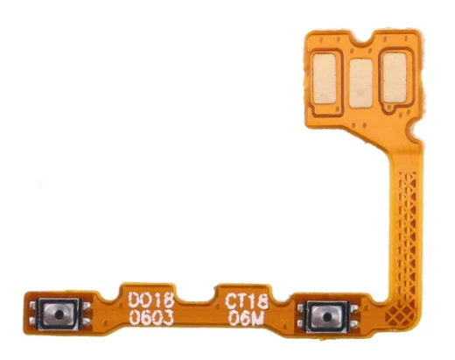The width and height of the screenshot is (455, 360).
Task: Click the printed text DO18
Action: (x=151, y=300)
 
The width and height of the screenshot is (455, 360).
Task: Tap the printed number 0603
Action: (x=151, y=317)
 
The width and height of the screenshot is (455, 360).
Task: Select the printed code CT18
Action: (x=247, y=301)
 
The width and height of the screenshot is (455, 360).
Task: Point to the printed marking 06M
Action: (x=246, y=318)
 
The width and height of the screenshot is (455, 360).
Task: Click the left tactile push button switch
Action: (x=59, y=314)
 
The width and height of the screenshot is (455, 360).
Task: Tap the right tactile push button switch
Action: (x=325, y=316)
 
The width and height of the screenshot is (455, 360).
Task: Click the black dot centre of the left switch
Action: (x=59, y=314)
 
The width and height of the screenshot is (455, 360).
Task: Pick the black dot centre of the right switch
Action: (x=325, y=316)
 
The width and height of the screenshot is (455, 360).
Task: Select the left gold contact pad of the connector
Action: (x=325, y=80)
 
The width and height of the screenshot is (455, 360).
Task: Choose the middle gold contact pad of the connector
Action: (x=360, y=83)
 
